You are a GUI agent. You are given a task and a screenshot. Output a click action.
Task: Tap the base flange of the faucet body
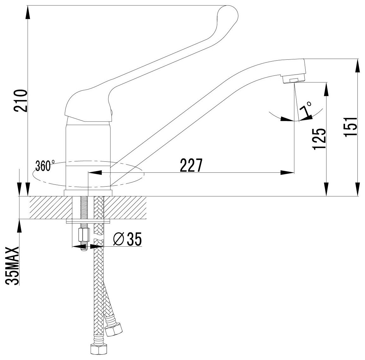tap(88, 193)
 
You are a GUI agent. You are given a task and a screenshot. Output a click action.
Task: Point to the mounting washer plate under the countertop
tap(88, 221)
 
